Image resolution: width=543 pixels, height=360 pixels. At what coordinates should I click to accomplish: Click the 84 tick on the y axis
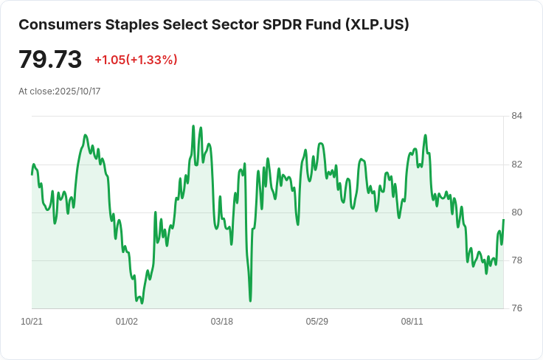pyautogui.click(x=516, y=116)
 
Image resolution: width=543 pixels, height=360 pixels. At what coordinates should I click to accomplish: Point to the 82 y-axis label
pyautogui.click(x=516, y=164)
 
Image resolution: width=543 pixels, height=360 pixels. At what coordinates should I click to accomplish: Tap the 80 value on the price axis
pyautogui.click(x=516, y=212)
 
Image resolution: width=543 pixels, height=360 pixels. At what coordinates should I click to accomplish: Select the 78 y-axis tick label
pyautogui.click(x=516, y=260)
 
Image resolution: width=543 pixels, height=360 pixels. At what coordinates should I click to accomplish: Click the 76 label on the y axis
pyautogui.click(x=516, y=308)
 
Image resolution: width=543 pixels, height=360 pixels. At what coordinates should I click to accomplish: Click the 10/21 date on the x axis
pyautogui.click(x=32, y=322)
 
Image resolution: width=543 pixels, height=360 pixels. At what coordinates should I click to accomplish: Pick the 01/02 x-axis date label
pyautogui.click(x=127, y=322)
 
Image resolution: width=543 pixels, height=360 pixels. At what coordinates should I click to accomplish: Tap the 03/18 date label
pyautogui.click(x=222, y=322)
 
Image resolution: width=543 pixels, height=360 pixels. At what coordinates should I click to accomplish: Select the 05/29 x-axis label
pyautogui.click(x=317, y=322)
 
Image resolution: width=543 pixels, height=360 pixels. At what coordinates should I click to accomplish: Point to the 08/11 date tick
pyautogui.click(x=412, y=322)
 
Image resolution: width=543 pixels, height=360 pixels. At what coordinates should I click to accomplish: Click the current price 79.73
pyautogui.click(x=50, y=59)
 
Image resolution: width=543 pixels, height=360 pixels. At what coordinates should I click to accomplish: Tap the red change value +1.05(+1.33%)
pyautogui.click(x=136, y=60)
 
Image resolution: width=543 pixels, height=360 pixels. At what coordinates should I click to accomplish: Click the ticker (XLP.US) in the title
pyautogui.click(x=376, y=24)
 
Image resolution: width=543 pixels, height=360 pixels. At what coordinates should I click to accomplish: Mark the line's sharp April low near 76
pyautogui.click(x=251, y=300)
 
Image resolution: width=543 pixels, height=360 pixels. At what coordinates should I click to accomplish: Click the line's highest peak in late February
pyautogui.click(x=193, y=126)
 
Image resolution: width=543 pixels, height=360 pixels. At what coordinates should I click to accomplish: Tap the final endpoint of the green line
pyautogui.click(x=503, y=220)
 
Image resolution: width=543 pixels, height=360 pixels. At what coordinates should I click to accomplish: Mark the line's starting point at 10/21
pyautogui.click(x=32, y=174)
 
